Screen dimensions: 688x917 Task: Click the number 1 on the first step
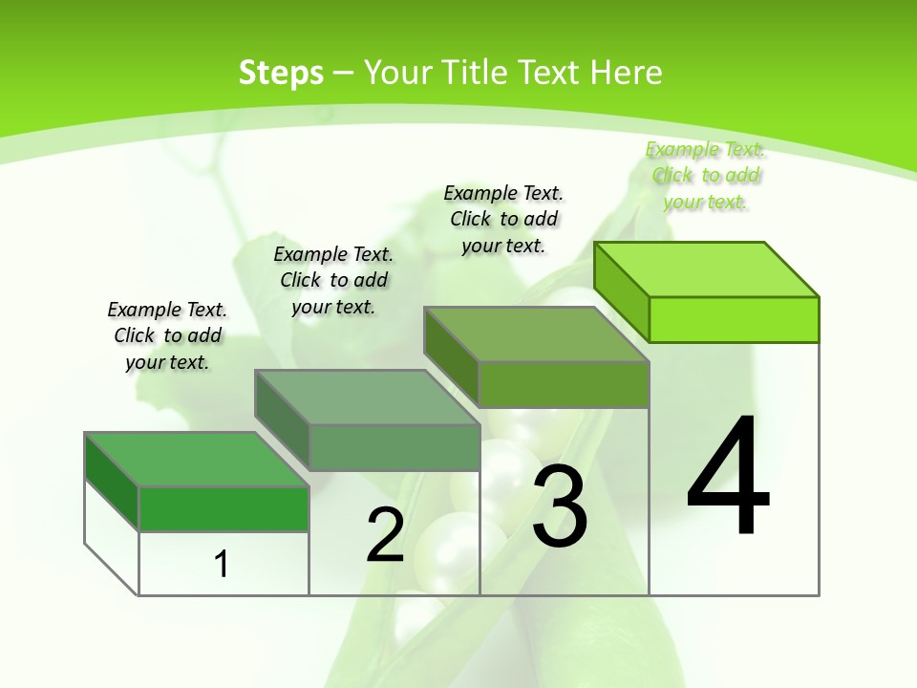pyautogui.click(x=222, y=564)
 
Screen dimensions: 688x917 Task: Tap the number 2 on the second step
pyautogui.click(x=385, y=535)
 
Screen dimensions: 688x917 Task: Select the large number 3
pyautogui.click(x=560, y=507)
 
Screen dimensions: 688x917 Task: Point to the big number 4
pyautogui.click(x=728, y=476)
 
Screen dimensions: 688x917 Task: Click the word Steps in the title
pyautogui.click(x=281, y=73)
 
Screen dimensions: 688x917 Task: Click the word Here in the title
pyautogui.click(x=626, y=73)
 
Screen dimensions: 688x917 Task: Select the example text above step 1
pyautogui.click(x=167, y=335)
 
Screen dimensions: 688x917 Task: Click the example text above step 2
pyautogui.click(x=333, y=280)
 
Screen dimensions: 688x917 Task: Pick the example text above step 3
pyautogui.click(x=503, y=219)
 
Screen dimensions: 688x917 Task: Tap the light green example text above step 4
pyautogui.click(x=705, y=175)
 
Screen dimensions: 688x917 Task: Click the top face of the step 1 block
pyautogui.click(x=197, y=460)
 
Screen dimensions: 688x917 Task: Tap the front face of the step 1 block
pyautogui.click(x=224, y=508)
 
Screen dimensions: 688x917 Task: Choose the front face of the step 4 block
pyautogui.click(x=734, y=319)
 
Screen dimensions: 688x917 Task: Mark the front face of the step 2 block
pyautogui.click(x=394, y=447)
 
